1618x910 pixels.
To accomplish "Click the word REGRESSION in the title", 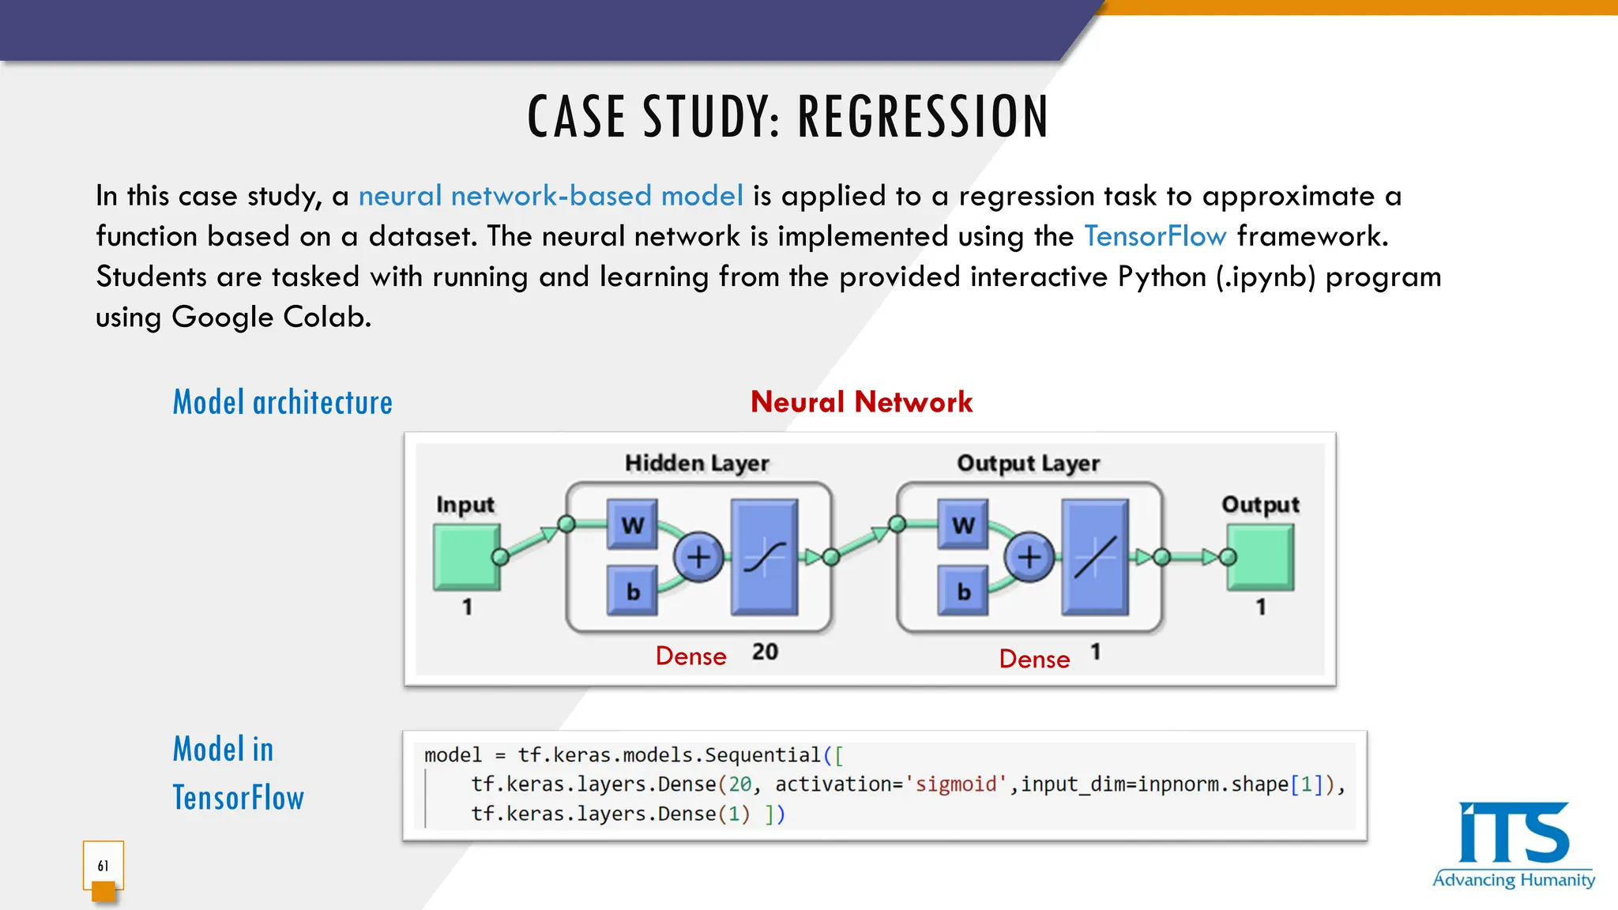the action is tap(923, 117).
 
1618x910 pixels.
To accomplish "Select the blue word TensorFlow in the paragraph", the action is tap(1154, 236).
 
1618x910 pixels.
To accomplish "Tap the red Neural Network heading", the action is tap(861, 402).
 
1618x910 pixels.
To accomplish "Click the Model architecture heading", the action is tap(282, 403).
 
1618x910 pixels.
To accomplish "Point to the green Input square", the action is tap(466, 558).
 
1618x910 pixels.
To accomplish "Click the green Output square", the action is tap(1261, 558).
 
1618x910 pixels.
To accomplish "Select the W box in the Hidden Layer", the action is tap(632, 525).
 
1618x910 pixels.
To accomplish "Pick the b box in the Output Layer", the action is tap(963, 591).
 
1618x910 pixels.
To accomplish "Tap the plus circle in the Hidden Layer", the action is tap(698, 558).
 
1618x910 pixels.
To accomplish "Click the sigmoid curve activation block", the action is tap(764, 558).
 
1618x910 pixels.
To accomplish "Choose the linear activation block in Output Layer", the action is tap(1095, 558).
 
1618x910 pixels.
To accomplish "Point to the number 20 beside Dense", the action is tap(765, 652).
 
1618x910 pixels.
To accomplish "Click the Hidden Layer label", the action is tap(697, 463).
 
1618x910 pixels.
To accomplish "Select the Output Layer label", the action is tap(1028, 463).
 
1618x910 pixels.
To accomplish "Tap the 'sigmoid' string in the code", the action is tap(955, 784).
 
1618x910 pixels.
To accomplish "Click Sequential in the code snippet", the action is tap(762, 755).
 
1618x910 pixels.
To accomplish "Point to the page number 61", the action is tap(103, 866).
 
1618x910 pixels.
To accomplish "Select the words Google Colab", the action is tap(270, 317).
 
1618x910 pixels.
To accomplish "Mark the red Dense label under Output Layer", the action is tap(1034, 659).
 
